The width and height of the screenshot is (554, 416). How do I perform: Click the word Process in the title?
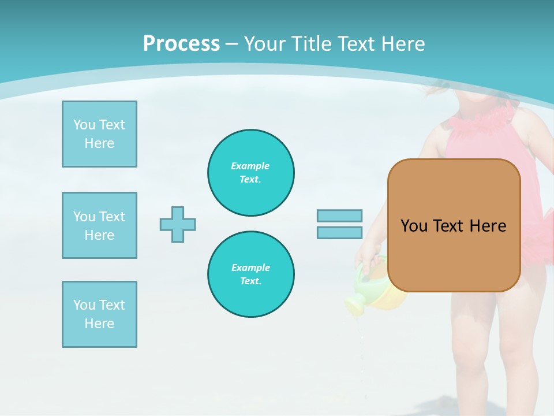tap(181, 44)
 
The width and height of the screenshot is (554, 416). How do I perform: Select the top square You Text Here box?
tap(99, 134)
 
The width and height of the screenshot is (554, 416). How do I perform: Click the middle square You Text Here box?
tap(99, 225)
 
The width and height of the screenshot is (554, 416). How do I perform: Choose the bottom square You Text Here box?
tap(99, 314)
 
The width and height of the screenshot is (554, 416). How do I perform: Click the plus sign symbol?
tap(178, 224)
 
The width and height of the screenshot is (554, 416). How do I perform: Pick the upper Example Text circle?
tap(251, 173)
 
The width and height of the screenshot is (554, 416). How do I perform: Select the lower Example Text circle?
tap(251, 274)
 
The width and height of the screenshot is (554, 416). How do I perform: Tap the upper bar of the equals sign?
tap(339, 216)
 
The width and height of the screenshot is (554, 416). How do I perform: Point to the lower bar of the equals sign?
tap(339, 233)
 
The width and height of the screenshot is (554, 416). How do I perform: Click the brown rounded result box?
tap(454, 225)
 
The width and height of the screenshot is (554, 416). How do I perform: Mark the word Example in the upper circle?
tap(250, 166)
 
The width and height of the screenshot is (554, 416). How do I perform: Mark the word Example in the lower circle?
tap(250, 268)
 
